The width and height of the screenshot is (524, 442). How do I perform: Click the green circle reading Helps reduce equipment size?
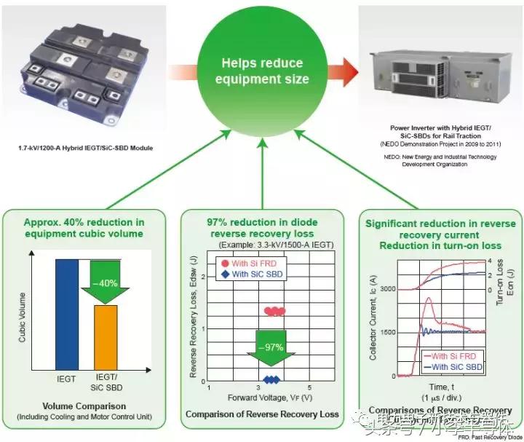pos(261,71)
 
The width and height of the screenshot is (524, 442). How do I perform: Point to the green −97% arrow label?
pos(271,347)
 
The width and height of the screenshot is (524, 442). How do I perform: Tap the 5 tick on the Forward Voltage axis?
pos(310,387)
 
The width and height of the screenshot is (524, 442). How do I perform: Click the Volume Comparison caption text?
pos(84,406)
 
